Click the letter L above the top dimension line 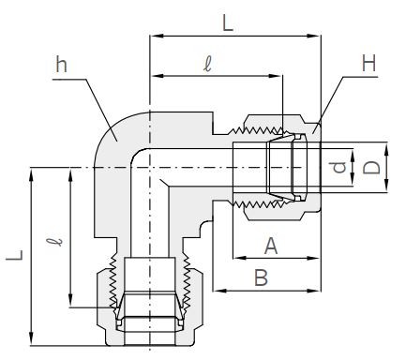tap(228, 23)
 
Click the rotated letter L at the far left tap(15, 255)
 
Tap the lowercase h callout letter tap(61, 65)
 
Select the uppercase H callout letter tap(368, 63)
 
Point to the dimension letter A tap(271, 246)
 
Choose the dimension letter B tap(261, 277)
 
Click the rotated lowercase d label tap(339, 167)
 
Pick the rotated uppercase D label tap(371, 167)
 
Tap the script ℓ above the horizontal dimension tap(207, 65)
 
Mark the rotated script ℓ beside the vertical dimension tap(54, 242)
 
